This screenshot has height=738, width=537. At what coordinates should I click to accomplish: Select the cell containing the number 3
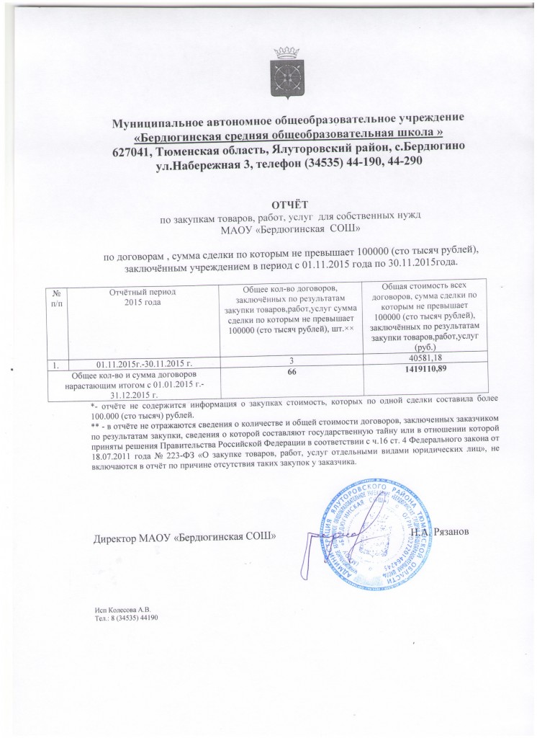[291, 360]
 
